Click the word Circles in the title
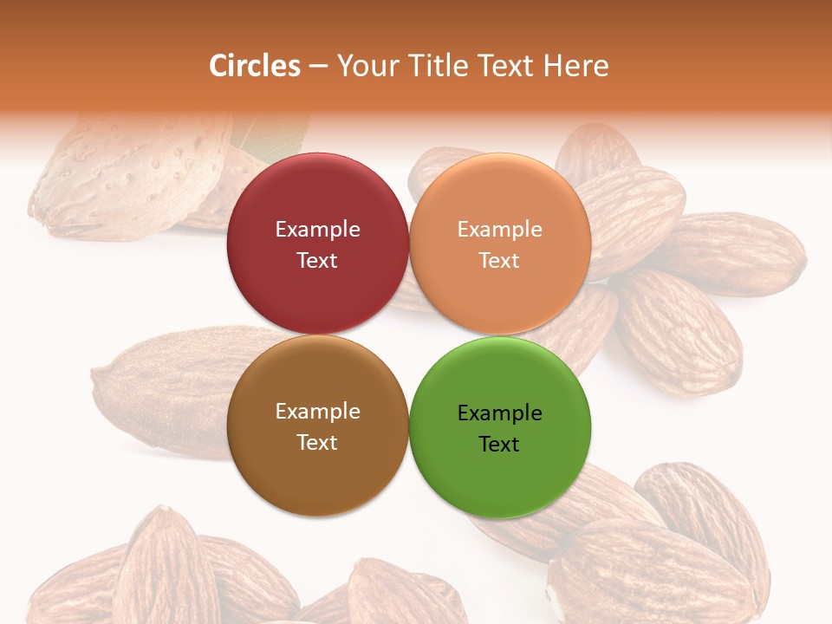(x=254, y=66)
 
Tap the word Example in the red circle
(x=317, y=229)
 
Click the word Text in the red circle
(x=317, y=260)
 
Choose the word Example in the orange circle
(x=499, y=229)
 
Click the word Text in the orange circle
(x=499, y=260)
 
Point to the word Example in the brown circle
(x=317, y=412)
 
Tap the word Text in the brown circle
(x=317, y=442)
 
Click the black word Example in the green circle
(x=499, y=413)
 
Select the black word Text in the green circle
(x=499, y=444)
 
